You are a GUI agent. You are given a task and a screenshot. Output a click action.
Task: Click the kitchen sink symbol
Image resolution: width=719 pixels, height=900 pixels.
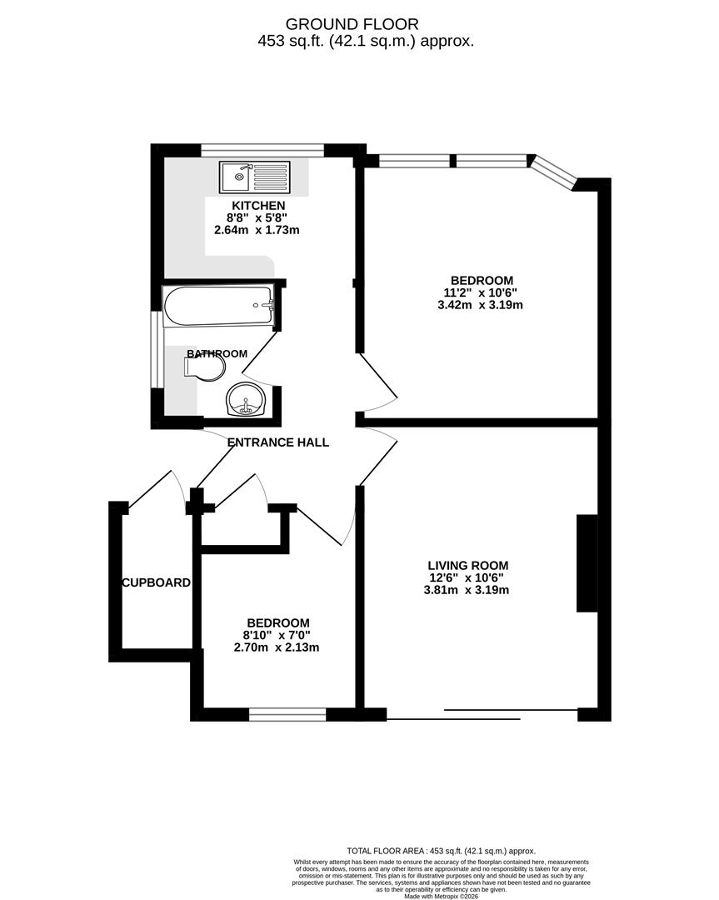point(255,177)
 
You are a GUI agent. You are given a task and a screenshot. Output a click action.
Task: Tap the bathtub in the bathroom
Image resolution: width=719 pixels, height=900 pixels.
point(218,305)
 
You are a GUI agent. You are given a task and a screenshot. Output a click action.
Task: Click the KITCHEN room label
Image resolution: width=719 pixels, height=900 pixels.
point(258,206)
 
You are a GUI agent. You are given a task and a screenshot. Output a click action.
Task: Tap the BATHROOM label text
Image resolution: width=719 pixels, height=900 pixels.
point(217,353)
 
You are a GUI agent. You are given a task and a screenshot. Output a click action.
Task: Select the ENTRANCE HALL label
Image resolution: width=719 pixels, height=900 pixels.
point(278,442)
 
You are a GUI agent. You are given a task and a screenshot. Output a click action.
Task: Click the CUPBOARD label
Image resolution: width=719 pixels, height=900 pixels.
point(157,582)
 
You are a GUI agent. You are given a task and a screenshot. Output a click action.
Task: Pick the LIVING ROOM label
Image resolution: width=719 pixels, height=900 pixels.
point(467,565)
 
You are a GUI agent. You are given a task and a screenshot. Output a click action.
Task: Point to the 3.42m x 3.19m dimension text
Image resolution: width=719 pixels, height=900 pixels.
point(481,305)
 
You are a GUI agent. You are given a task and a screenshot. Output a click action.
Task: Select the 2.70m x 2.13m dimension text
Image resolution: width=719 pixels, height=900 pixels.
point(277,647)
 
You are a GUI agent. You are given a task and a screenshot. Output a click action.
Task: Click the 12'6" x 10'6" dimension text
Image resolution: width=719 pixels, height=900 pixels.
point(467,577)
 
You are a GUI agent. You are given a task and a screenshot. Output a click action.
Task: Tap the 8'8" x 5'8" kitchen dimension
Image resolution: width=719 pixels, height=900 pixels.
point(258,217)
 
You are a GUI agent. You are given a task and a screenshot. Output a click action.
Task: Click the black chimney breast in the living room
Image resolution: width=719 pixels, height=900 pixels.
point(587,564)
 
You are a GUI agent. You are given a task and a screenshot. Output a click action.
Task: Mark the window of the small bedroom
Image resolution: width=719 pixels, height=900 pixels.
point(287,713)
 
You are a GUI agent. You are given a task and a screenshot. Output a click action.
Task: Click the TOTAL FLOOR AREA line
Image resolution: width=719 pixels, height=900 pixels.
point(441,850)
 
